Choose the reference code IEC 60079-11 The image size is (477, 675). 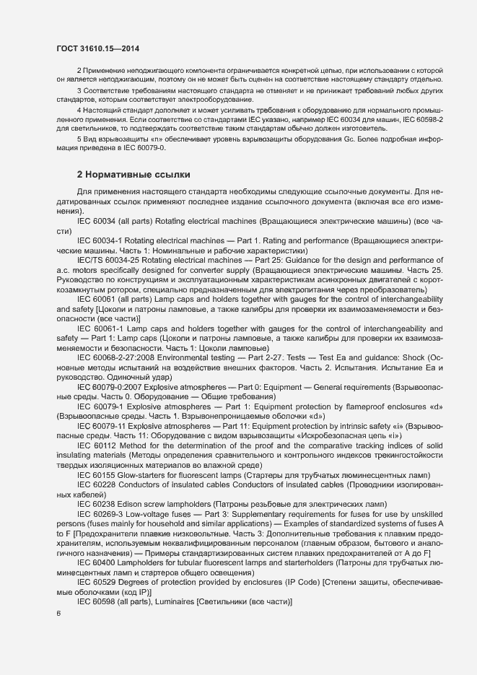click(102, 427)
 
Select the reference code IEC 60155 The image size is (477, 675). click(95, 475)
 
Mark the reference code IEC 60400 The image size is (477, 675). click(95, 561)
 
